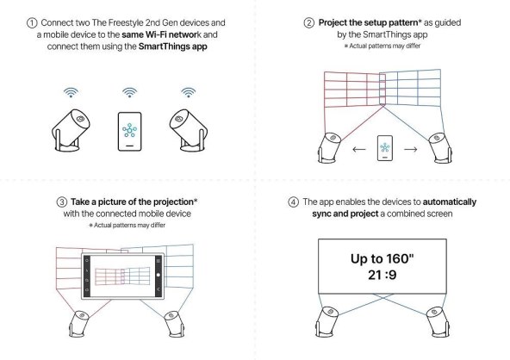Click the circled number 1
point(32,23)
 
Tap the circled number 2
point(309,23)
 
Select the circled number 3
point(62,202)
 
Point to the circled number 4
point(294,202)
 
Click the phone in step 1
point(129,132)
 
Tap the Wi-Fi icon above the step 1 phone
point(129,92)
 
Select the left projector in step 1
point(71,130)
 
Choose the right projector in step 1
point(189,130)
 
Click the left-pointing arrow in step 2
point(359,150)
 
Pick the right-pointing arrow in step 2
point(411,150)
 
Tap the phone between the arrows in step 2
point(385,148)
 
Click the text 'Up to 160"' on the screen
point(382,259)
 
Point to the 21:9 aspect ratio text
point(382,275)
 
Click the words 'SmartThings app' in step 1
point(172,47)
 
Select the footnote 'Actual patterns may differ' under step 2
point(385,46)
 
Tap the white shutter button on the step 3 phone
point(159,275)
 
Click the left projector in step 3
point(78,324)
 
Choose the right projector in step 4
point(438,322)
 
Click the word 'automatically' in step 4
point(450,202)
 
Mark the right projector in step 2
point(439,148)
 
